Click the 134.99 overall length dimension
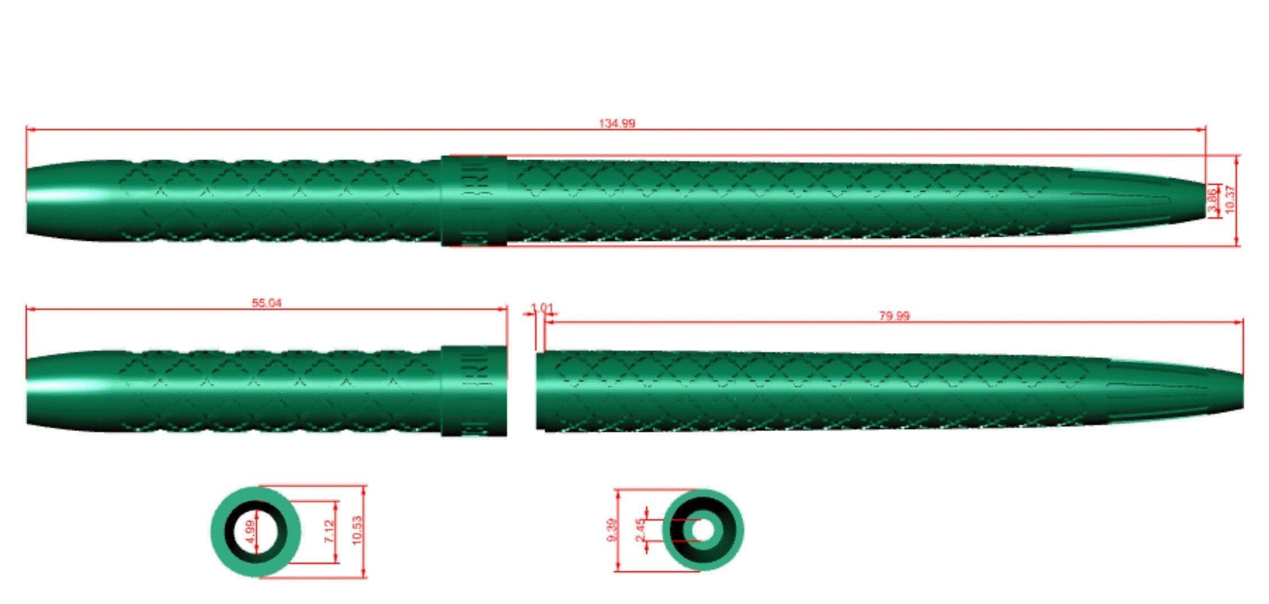tap(617, 123)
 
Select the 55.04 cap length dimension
tap(267, 303)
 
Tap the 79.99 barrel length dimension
tap(893, 316)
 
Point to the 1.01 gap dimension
tap(542, 308)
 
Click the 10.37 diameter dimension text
tap(1230, 200)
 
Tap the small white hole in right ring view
tap(702, 530)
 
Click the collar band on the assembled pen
tap(474, 200)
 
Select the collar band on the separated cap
tap(474, 391)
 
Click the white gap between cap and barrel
tap(522, 391)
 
